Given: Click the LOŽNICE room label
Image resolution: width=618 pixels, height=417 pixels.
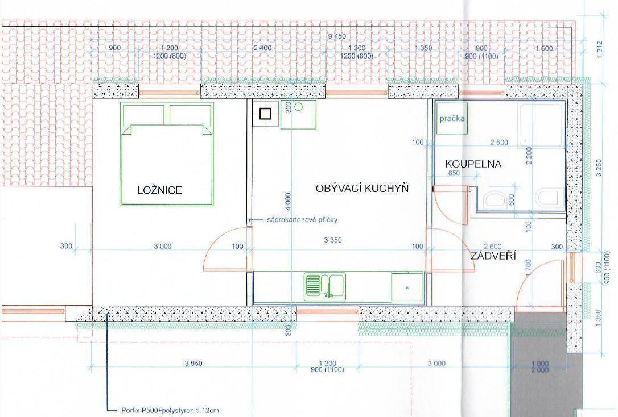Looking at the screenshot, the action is (160, 190).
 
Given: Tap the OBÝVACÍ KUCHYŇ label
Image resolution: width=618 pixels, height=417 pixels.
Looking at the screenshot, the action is (362, 189).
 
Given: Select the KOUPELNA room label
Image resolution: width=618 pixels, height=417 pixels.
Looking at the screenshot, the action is (473, 164).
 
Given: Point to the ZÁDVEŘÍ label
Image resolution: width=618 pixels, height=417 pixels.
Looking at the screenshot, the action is (493, 256).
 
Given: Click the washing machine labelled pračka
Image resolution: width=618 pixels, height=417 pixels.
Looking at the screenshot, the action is (452, 118).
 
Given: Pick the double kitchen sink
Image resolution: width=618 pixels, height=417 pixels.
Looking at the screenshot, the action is (325, 286).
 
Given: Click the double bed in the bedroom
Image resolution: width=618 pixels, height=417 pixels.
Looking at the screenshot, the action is (167, 154).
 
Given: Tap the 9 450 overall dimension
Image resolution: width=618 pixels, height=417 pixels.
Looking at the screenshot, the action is (336, 36).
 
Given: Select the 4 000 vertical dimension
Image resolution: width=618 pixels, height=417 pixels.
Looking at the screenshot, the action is (288, 203).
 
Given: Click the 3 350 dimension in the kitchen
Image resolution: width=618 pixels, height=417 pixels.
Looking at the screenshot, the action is (333, 240).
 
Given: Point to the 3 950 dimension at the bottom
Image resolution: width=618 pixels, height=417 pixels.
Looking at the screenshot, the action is (193, 363).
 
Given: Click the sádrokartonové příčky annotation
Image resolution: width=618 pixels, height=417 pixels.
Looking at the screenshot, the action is (302, 220).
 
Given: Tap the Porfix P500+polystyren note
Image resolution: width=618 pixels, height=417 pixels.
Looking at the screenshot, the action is (170, 411).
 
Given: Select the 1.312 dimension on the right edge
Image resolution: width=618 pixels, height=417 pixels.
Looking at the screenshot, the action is (599, 50).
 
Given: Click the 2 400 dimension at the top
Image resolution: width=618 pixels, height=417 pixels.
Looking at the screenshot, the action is (262, 48).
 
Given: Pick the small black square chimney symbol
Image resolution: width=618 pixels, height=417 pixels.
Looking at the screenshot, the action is (265, 114).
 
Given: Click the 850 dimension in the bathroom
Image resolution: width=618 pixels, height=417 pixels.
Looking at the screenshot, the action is (454, 173).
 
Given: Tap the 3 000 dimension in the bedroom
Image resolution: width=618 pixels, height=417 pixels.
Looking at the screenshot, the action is (162, 246).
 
